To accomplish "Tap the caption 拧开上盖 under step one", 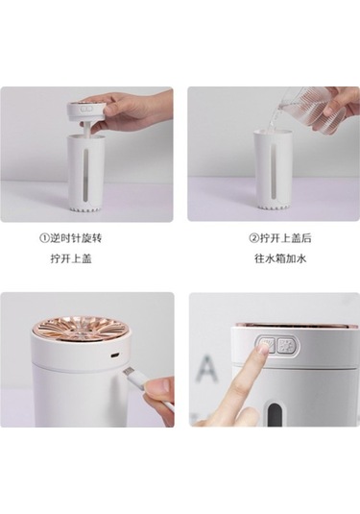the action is click(71, 259).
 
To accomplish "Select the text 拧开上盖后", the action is click(285, 238).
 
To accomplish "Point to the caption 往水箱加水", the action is click(280, 259).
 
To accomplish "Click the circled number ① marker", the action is click(44, 238).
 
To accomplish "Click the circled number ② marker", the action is click(254, 238).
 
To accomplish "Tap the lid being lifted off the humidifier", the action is click(85, 110).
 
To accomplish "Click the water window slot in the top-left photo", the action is click(86, 176).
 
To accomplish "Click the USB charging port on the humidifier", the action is click(115, 355).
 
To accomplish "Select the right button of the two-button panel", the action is click(285, 346).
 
